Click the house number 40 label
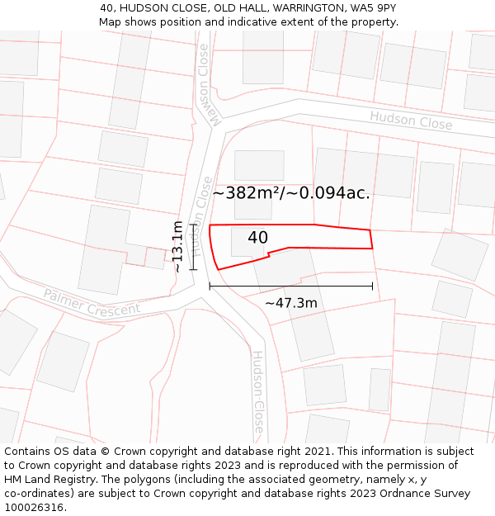point(257,238)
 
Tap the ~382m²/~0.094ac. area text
point(291,194)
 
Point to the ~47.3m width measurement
point(290,303)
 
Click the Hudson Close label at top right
point(411,121)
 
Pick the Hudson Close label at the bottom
point(258,393)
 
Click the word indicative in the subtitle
point(270,21)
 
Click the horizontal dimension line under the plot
point(290,286)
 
